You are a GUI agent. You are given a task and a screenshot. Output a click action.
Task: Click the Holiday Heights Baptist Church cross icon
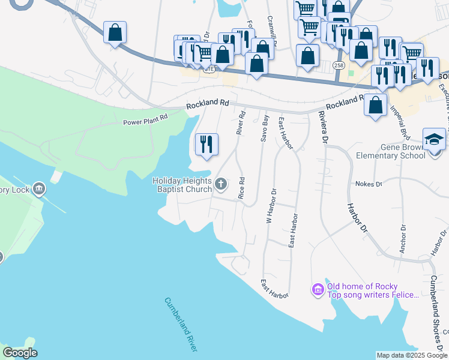pyautogui.click(x=221, y=184)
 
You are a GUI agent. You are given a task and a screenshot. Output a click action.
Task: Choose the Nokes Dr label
pyautogui.click(x=369, y=184)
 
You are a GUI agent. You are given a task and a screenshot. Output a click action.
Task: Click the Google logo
pyautogui.click(x=20, y=353)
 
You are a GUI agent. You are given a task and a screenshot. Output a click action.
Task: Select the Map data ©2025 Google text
pyautogui.click(x=412, y=355)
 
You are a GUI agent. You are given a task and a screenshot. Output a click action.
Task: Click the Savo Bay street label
pyautogui.click(x=264, y=127)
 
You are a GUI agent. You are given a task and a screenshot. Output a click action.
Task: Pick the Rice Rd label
pyautogui.click(x=241, y=188)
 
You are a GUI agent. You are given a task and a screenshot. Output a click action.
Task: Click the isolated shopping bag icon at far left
pyautogui.click(x=115, y=32)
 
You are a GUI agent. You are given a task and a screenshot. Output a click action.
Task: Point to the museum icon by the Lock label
pyautogui.click(x=39, y=190)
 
